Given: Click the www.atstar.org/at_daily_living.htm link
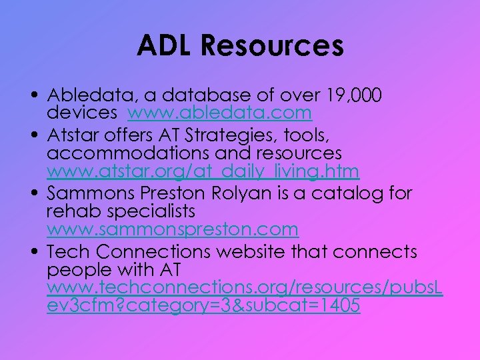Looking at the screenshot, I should pyautogui.click(x=203, y=171).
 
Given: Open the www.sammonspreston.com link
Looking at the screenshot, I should pyautogui.click(x=173, y=229).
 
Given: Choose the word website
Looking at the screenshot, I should pyautogui.click(x=247, y=252).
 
